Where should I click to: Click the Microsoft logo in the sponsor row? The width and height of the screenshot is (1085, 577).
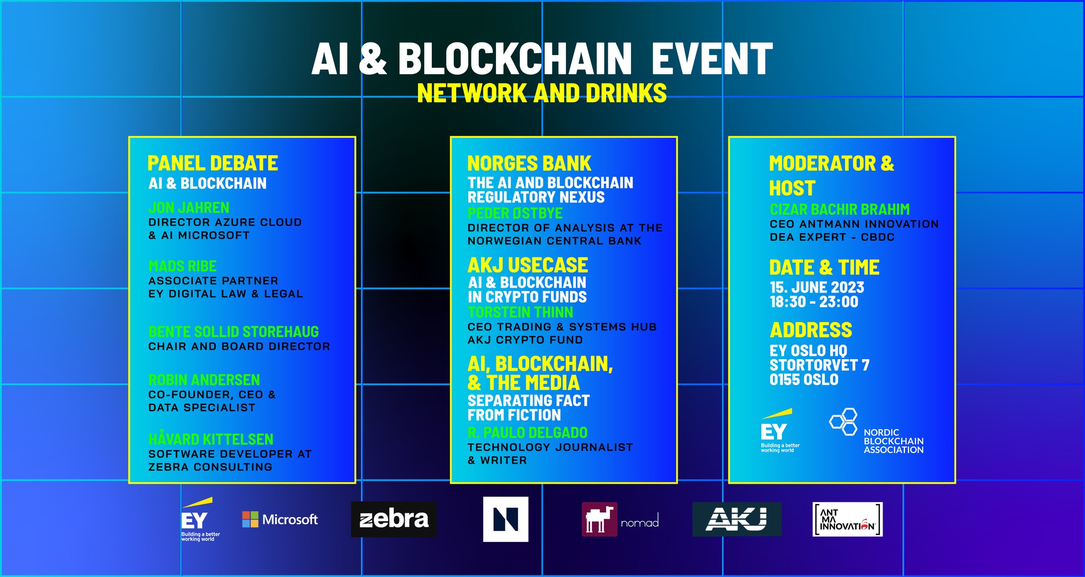280,519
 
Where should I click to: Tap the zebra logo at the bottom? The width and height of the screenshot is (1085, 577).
394,519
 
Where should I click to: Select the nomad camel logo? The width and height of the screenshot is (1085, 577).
600,519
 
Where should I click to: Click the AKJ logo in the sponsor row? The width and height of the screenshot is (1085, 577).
736,519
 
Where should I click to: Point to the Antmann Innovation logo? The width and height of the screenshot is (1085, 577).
847,519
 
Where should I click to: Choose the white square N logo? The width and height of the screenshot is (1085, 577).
505,519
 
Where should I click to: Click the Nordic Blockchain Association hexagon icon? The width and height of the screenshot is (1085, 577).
843,422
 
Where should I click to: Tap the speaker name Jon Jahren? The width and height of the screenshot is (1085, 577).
189,208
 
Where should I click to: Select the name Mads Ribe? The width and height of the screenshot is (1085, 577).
182,266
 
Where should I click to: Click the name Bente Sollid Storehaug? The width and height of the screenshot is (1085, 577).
233,332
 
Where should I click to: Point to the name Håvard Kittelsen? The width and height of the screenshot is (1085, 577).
210,439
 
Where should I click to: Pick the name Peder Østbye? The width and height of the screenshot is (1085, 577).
514,214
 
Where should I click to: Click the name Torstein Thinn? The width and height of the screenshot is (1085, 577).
520,313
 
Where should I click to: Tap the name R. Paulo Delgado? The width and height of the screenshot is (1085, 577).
527,433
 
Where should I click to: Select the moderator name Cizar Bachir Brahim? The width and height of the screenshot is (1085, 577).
839,209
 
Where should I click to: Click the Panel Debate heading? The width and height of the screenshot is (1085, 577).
212,163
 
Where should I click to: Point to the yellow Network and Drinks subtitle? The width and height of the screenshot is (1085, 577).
541,93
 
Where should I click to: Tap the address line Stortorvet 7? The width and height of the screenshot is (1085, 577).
819,365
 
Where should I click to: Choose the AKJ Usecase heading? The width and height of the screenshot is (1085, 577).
527,265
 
